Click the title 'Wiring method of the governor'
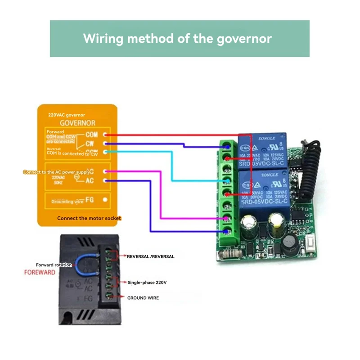177,38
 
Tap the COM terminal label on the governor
91,135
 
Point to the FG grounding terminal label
90,199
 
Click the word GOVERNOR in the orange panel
77,122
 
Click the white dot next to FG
105,199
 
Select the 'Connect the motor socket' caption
89,218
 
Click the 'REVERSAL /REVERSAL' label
150,256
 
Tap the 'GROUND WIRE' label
143,298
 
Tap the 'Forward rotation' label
54,265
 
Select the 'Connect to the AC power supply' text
54,172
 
